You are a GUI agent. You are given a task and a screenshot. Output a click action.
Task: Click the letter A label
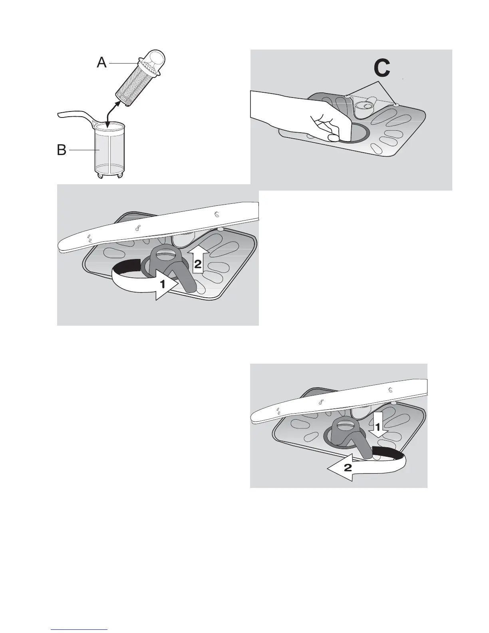coord(102,63)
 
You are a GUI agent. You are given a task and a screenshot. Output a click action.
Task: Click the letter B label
coord(62,151)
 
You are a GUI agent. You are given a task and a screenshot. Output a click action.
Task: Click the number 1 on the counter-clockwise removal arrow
coord(163,285)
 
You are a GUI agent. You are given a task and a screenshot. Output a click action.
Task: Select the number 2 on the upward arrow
coord(198,263)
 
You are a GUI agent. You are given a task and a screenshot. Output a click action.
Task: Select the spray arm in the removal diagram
coord(160,228)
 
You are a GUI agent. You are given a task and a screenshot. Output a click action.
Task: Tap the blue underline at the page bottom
coord(80,630)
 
